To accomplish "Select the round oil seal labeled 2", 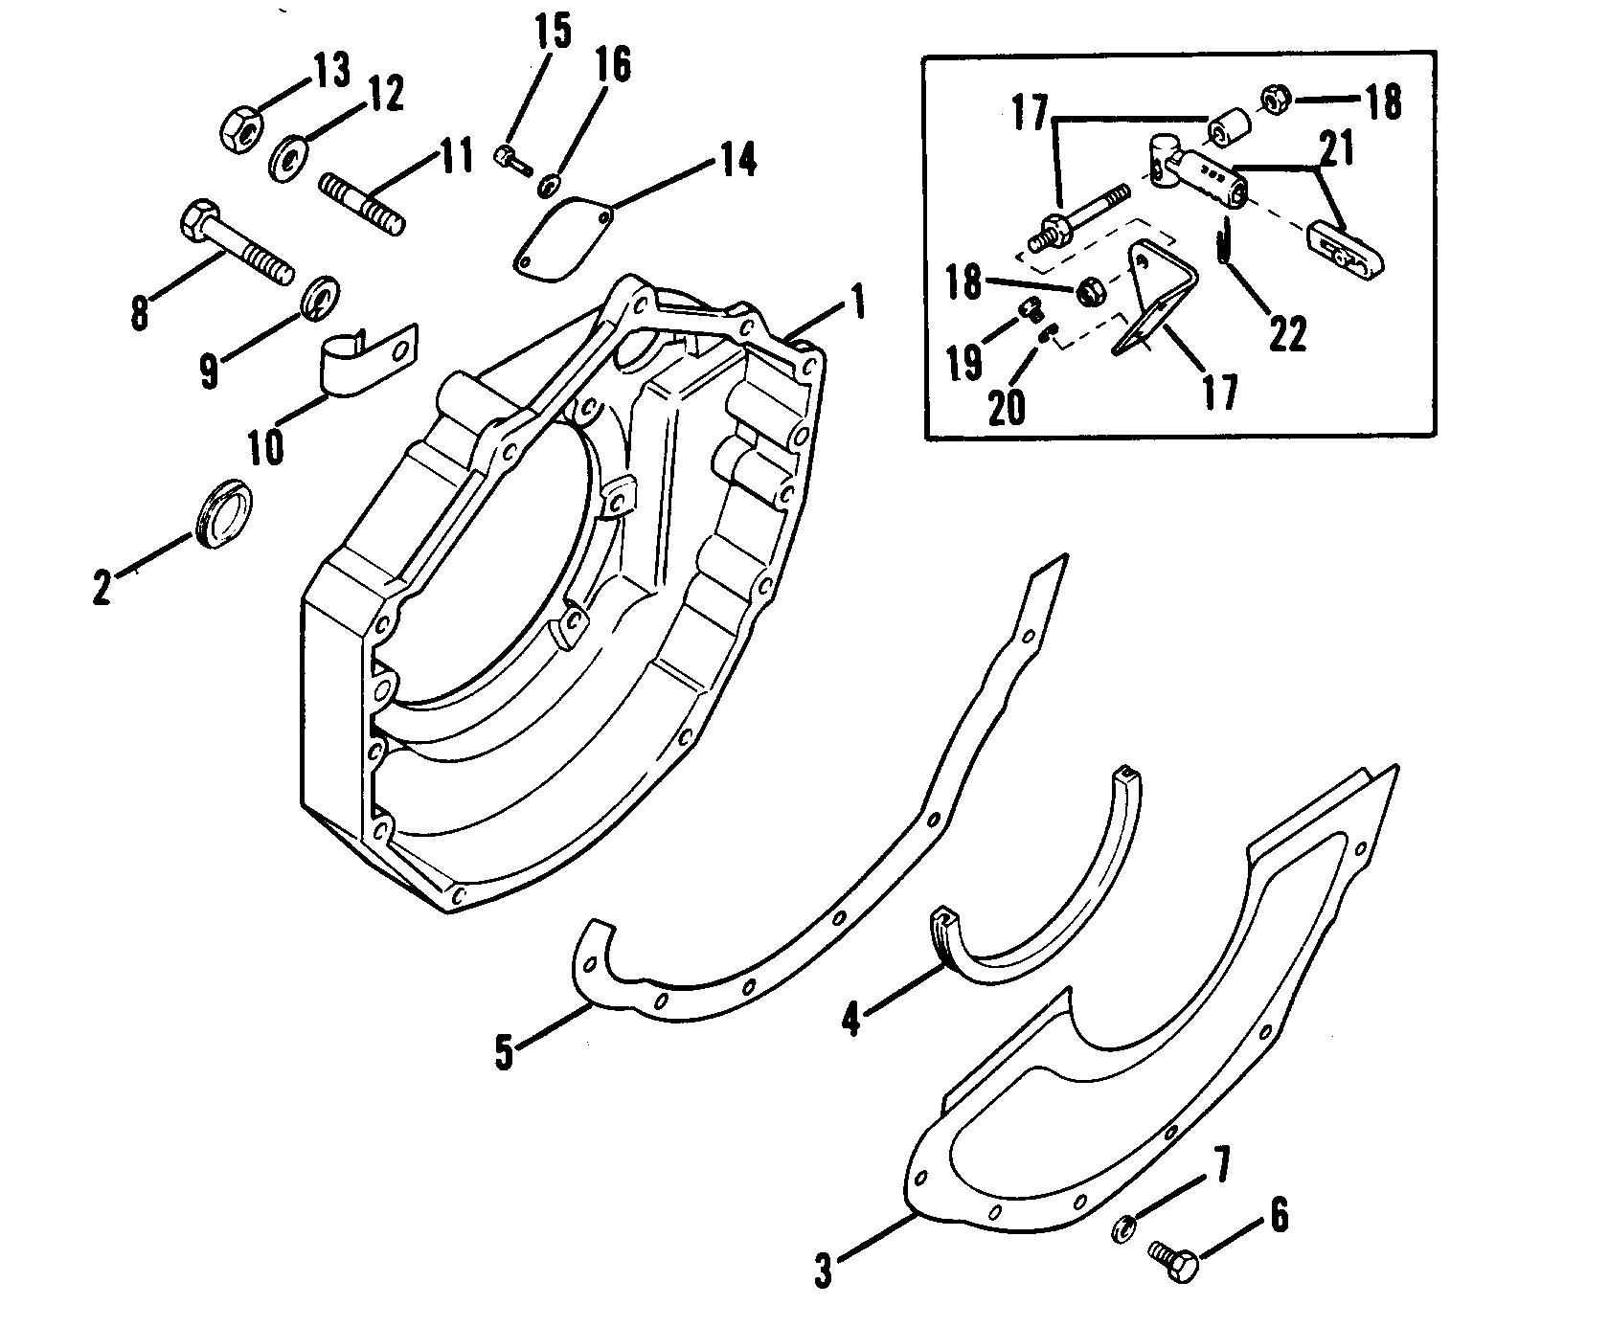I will [x=223, y=514].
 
